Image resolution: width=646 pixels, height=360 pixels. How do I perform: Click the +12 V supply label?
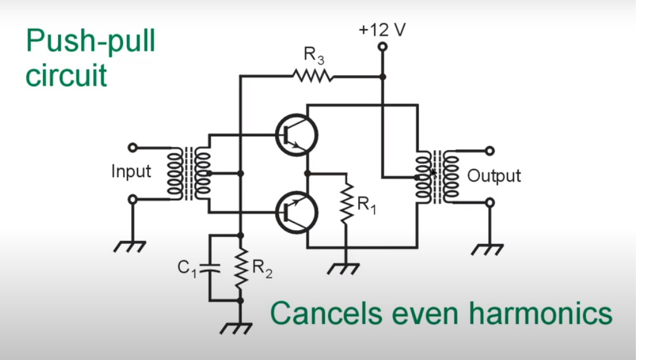click(x=382, y=30)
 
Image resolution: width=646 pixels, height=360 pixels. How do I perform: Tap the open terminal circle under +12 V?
click(x=383, y=47)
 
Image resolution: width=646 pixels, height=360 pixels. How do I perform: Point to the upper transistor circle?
click(x=297, y=136)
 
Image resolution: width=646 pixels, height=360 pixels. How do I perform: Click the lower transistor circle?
click(x=297, y=212)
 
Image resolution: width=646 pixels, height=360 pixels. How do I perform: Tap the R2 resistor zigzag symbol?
click(x=240, y=268)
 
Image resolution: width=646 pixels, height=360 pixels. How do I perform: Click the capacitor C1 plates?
click(x=209, y=268)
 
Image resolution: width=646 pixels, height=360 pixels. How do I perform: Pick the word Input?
click(x=131, y=171)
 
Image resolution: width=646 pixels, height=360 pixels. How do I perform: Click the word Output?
click(x=493, y=176)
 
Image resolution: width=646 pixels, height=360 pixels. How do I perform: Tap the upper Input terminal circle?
click(x=132, y=148)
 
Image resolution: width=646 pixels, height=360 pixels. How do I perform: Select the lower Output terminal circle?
click(x=490, y=202)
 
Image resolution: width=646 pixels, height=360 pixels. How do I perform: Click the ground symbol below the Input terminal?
click(x=129, y=247)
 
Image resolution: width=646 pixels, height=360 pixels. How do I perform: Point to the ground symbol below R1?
click(x=343, y=269)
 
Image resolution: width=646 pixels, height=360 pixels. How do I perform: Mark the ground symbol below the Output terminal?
click(x=488, y=250)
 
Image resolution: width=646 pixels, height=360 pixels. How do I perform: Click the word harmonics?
click(x=541, y=313)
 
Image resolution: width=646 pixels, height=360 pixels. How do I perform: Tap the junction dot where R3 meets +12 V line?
click(x=383, y=77)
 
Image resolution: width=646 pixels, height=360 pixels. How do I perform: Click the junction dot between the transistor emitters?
click(x=307, y=174)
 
